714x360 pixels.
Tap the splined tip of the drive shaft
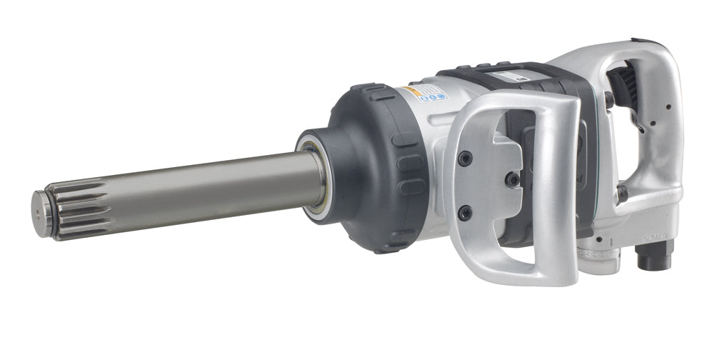coord(71,209)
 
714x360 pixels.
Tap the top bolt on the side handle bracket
coord(465,158)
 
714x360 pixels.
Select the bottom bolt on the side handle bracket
coord(466,212)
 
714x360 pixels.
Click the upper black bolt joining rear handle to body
coord(609,100)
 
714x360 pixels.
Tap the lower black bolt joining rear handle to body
coord(622,193)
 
